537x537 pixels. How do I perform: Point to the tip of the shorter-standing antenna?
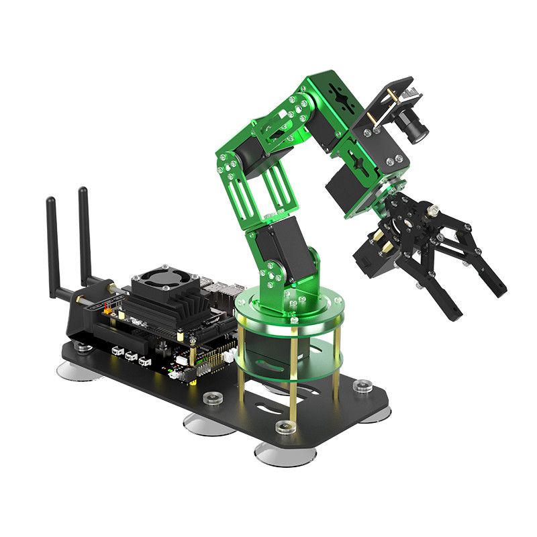click(50, 201)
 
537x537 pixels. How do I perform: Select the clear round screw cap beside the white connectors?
click(213, 399)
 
